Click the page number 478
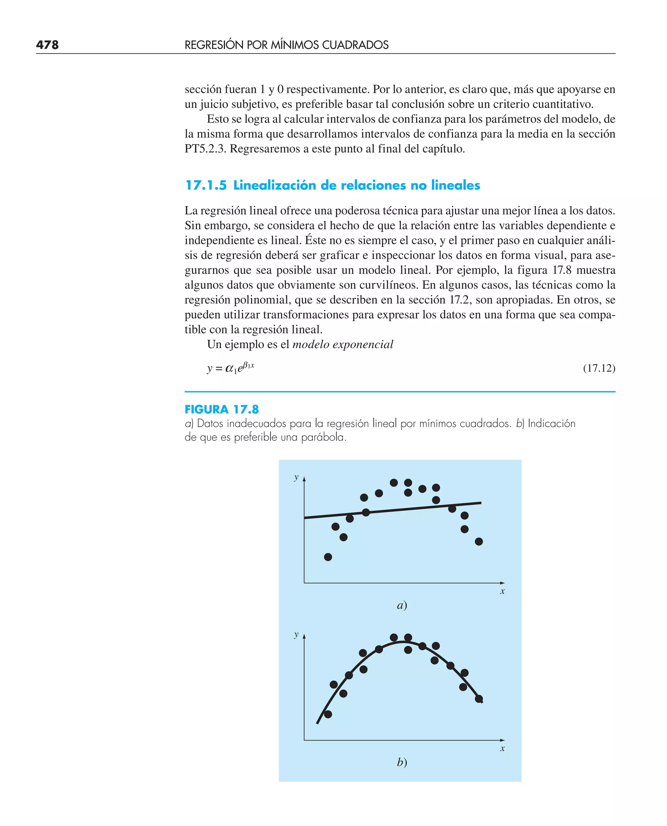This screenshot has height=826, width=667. (47, 45)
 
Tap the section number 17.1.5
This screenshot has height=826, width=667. (206, 185)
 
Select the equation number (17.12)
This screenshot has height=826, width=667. (599, 368)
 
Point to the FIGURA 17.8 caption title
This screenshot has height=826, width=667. (222, 409)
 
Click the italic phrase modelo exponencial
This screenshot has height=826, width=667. (343, 344)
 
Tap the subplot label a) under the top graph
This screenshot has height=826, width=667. (402, 605)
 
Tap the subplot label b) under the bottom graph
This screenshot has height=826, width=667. (402, 762)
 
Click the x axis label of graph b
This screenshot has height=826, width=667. (502, 748)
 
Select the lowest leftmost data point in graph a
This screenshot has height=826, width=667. (328, 557)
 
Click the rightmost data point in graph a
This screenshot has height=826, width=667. (479, 542)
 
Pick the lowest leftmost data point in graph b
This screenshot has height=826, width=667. (328, 714)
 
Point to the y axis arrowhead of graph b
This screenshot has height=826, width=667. (304, 636)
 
